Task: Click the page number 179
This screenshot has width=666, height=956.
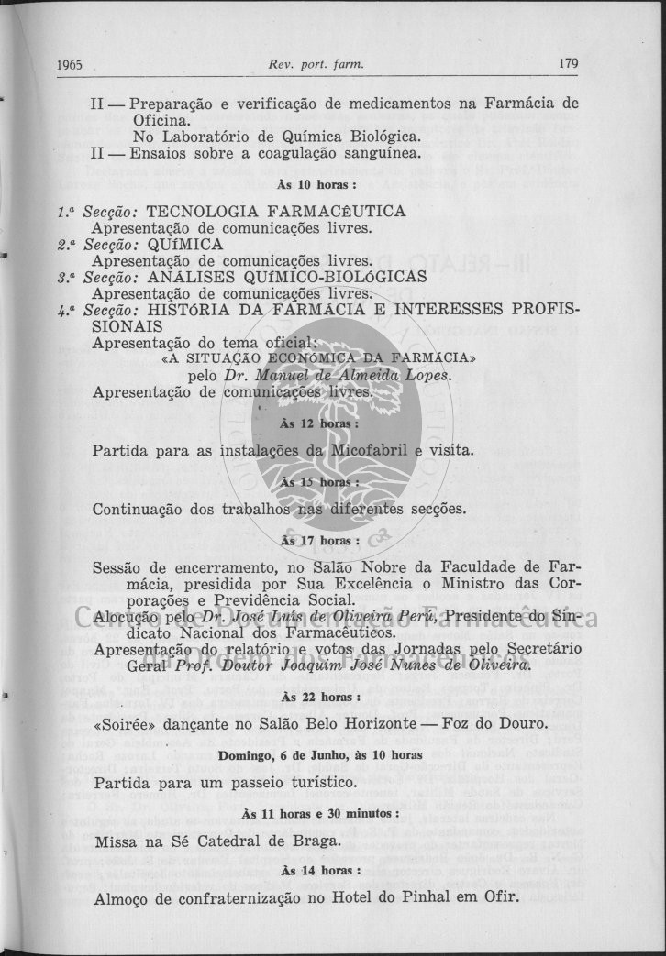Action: pyautogui.click(x=568, y=64)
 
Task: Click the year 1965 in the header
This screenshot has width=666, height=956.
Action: pyautogui.click(x=70, y=65)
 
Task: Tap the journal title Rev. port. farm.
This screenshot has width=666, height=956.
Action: pyautogui.click(x=316, y=64)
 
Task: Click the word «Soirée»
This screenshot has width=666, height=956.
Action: pyautogui.click(x=124, y=724)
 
